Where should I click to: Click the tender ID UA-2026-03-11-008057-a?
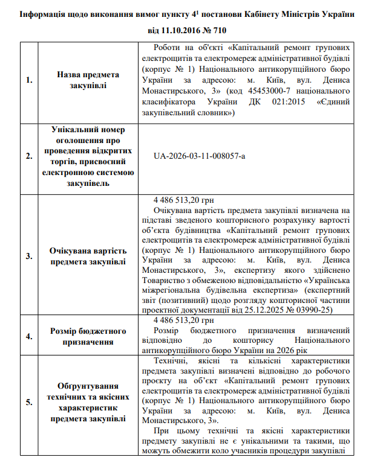[200, 156]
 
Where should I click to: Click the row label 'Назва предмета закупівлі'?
[88, 80]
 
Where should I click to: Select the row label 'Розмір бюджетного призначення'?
[88, 337]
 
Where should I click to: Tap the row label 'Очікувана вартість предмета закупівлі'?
[88, 255]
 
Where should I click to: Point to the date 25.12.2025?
[269, 310]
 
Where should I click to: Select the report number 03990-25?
[320, 310]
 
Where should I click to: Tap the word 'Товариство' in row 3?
[163, 281]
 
